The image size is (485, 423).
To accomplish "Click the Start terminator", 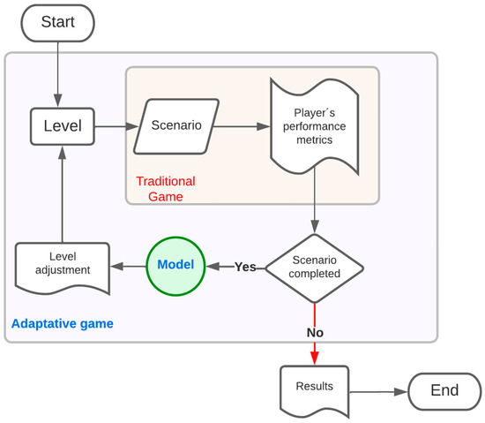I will pos(58,20).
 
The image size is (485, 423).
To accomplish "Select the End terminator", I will pos(444,389).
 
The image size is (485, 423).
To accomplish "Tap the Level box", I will pos(63,126).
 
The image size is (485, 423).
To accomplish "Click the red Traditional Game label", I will pos(165,188).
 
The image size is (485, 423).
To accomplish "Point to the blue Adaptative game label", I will pos(62,324).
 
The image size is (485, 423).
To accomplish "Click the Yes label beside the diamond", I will pos(245,267).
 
